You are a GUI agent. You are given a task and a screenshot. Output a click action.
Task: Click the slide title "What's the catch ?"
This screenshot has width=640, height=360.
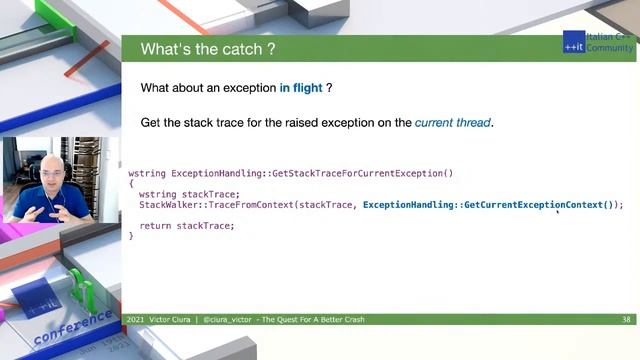(208, 49)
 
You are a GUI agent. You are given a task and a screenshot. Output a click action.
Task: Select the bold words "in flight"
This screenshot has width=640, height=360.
(300, 88)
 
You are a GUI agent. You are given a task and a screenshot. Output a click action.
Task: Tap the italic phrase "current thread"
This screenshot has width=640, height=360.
(453, 123)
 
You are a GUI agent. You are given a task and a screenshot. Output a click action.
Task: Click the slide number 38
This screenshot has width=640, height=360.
(625, 320)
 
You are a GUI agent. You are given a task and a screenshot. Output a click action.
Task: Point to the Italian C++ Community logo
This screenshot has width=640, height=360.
(597, 42)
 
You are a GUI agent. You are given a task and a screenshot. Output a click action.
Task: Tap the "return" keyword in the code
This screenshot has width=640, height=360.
(155, 226)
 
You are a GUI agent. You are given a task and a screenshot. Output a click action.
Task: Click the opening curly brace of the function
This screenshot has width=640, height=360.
(131, 184)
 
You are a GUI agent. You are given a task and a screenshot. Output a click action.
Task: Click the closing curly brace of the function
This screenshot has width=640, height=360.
(131, 236)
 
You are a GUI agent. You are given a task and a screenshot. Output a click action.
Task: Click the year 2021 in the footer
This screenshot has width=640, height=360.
(135, 320)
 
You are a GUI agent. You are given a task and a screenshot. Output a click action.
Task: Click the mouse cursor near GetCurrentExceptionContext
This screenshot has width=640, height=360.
(557, 211)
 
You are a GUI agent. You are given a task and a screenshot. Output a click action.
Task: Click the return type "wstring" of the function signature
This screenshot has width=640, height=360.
(147, 173)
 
